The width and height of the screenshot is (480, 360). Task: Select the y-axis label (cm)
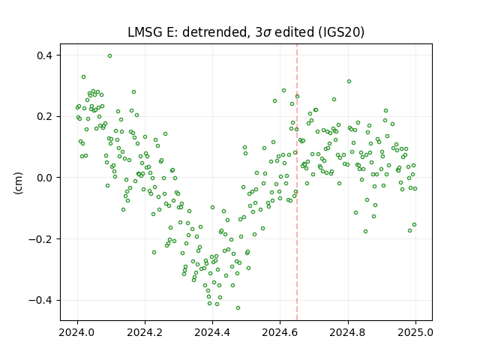pos(18,183)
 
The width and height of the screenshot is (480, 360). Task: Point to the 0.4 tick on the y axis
pos(45,55)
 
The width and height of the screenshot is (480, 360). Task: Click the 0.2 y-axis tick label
pos(45,117)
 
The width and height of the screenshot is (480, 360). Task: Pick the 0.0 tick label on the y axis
pos(45,178)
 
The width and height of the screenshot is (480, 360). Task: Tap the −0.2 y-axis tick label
pos(40,239)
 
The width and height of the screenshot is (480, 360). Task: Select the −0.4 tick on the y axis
pos(40,300)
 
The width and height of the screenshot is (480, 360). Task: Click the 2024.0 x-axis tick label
pos(77,332)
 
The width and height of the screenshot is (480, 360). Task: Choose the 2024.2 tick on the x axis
pos(145,332)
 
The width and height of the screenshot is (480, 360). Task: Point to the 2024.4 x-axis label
pos(212,332)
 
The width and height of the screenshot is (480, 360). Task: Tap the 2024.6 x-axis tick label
pos(280,332)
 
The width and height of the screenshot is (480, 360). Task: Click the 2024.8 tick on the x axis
pos(348,332)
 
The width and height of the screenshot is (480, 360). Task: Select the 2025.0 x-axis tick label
pos(415,332)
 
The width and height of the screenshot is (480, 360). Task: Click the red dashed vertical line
pos(297,182)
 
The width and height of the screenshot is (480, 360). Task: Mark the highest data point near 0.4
pos(109,56)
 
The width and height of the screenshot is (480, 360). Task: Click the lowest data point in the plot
pos(238,308)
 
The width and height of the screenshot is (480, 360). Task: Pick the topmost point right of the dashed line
pos(349,82)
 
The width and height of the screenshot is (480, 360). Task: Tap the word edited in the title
pos(295,32)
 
